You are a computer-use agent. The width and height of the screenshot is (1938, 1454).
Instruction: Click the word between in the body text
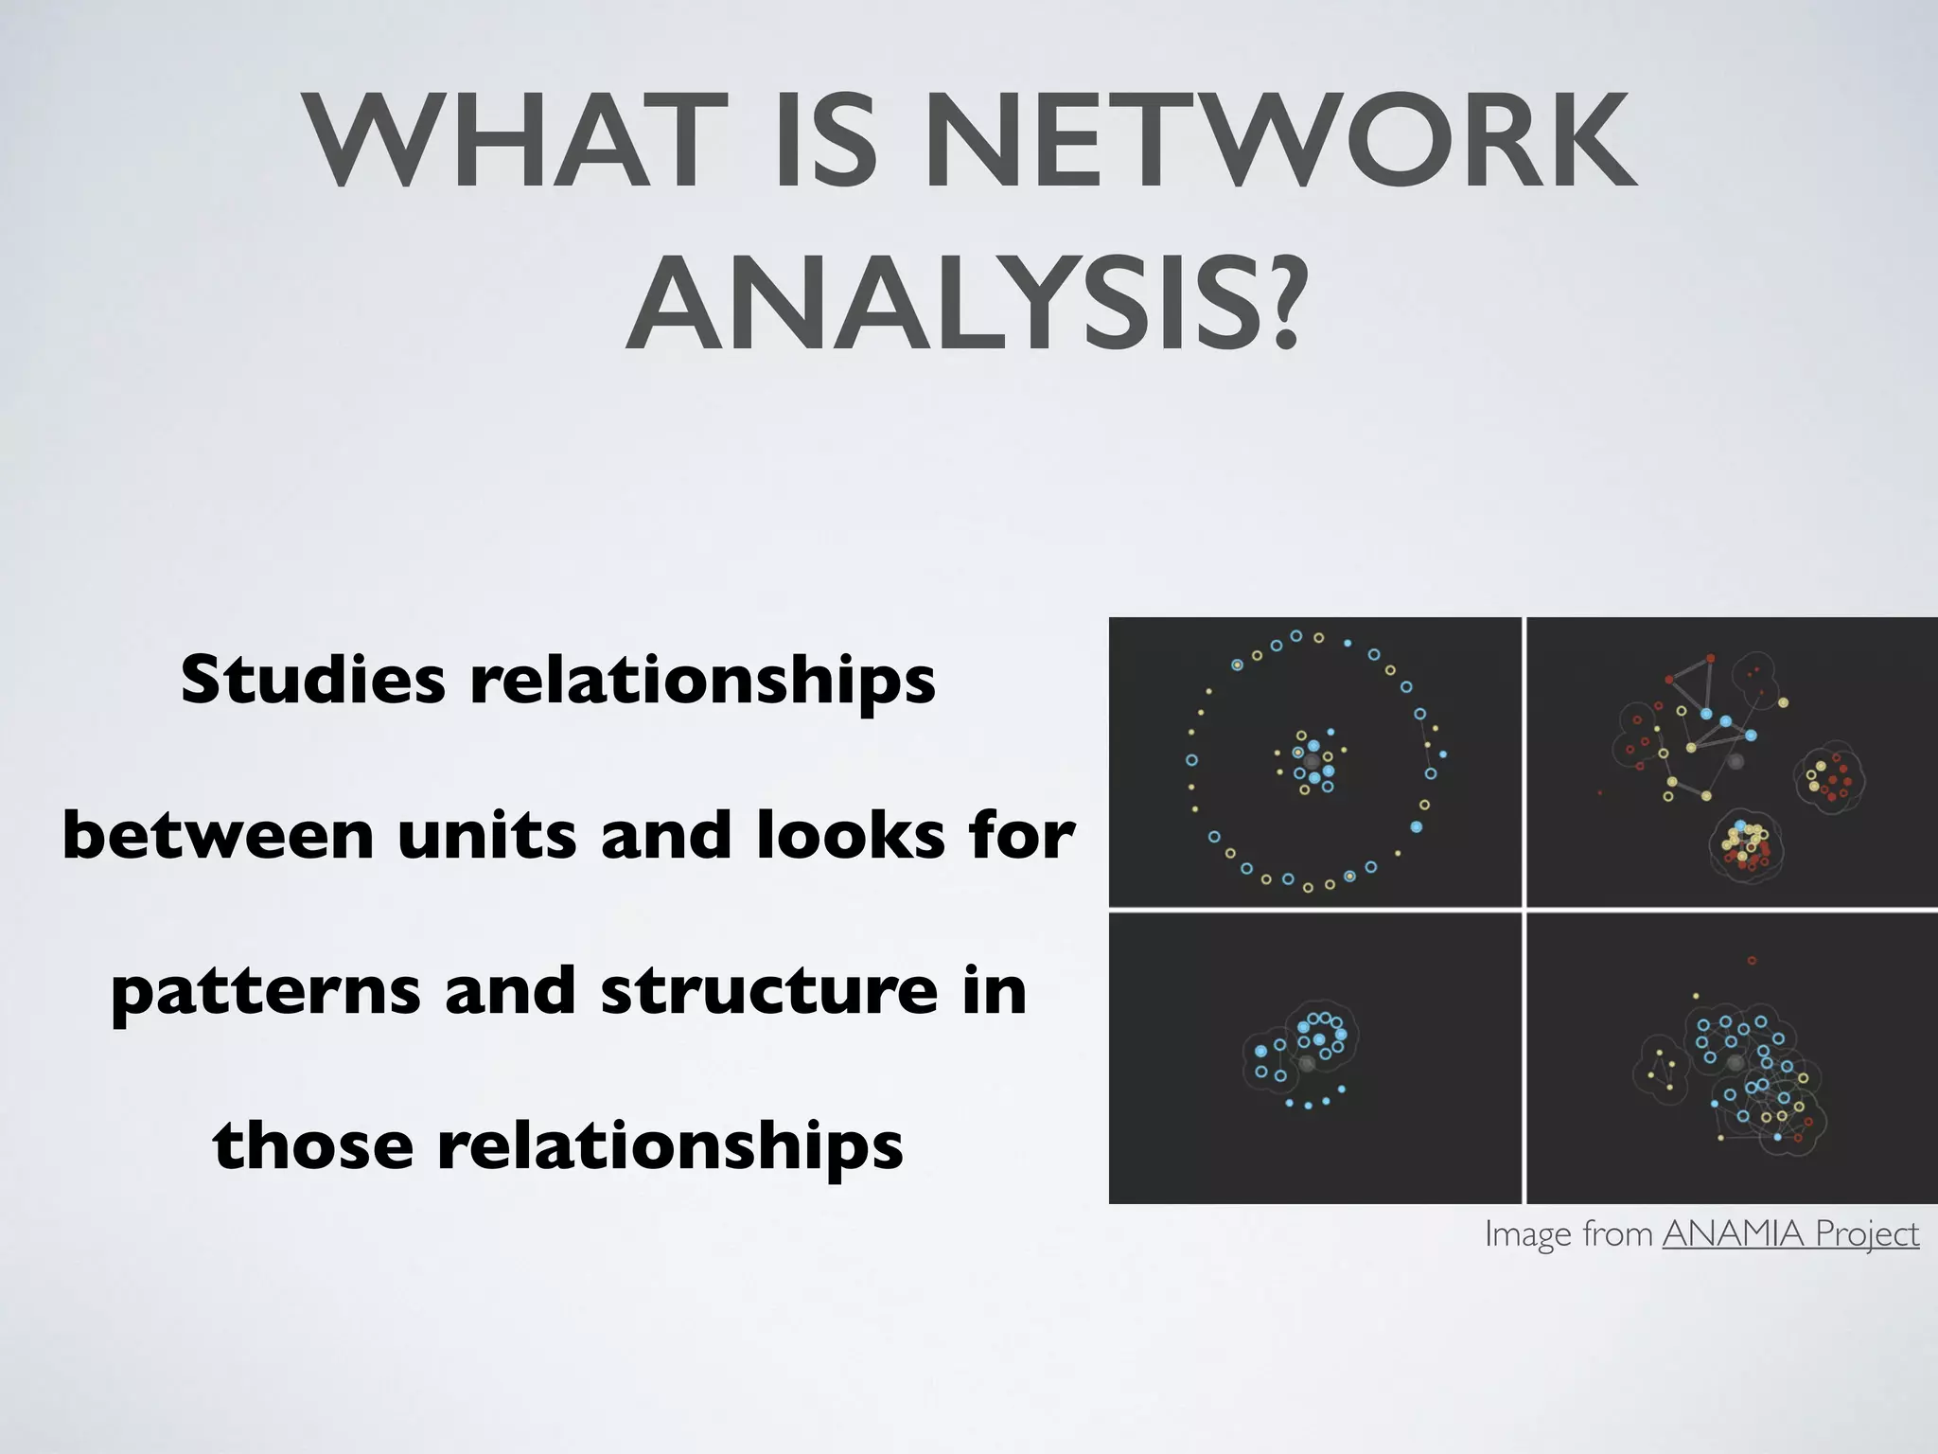[218, 835]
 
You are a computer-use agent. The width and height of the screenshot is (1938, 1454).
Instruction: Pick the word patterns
[265, 992]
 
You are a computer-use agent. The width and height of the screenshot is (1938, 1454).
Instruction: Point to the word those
[312, 1145]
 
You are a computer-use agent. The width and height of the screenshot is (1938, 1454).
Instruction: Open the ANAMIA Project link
[1790, 1233]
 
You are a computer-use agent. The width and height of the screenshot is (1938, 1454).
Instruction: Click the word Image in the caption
[1521, 1233]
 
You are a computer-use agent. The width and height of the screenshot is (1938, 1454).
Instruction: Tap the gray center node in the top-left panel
[1312, 762]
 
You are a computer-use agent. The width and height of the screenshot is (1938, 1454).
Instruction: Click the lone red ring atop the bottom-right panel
[1752, 961]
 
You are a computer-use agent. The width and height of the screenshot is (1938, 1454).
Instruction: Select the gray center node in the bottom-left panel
[1307, 1064]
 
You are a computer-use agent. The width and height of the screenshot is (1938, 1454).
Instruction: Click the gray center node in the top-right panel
[1735, 761]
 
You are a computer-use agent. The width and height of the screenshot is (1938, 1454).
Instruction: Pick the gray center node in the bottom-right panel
[1735, 1064]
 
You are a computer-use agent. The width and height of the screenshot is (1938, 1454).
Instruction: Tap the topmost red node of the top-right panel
[1710, 658]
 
